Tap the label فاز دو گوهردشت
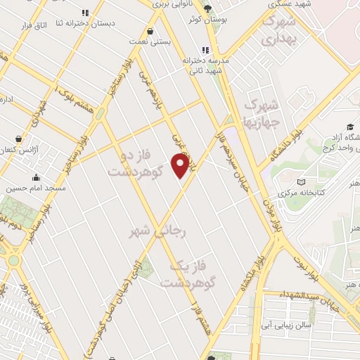click(135, 162)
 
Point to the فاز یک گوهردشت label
click(187, 275)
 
